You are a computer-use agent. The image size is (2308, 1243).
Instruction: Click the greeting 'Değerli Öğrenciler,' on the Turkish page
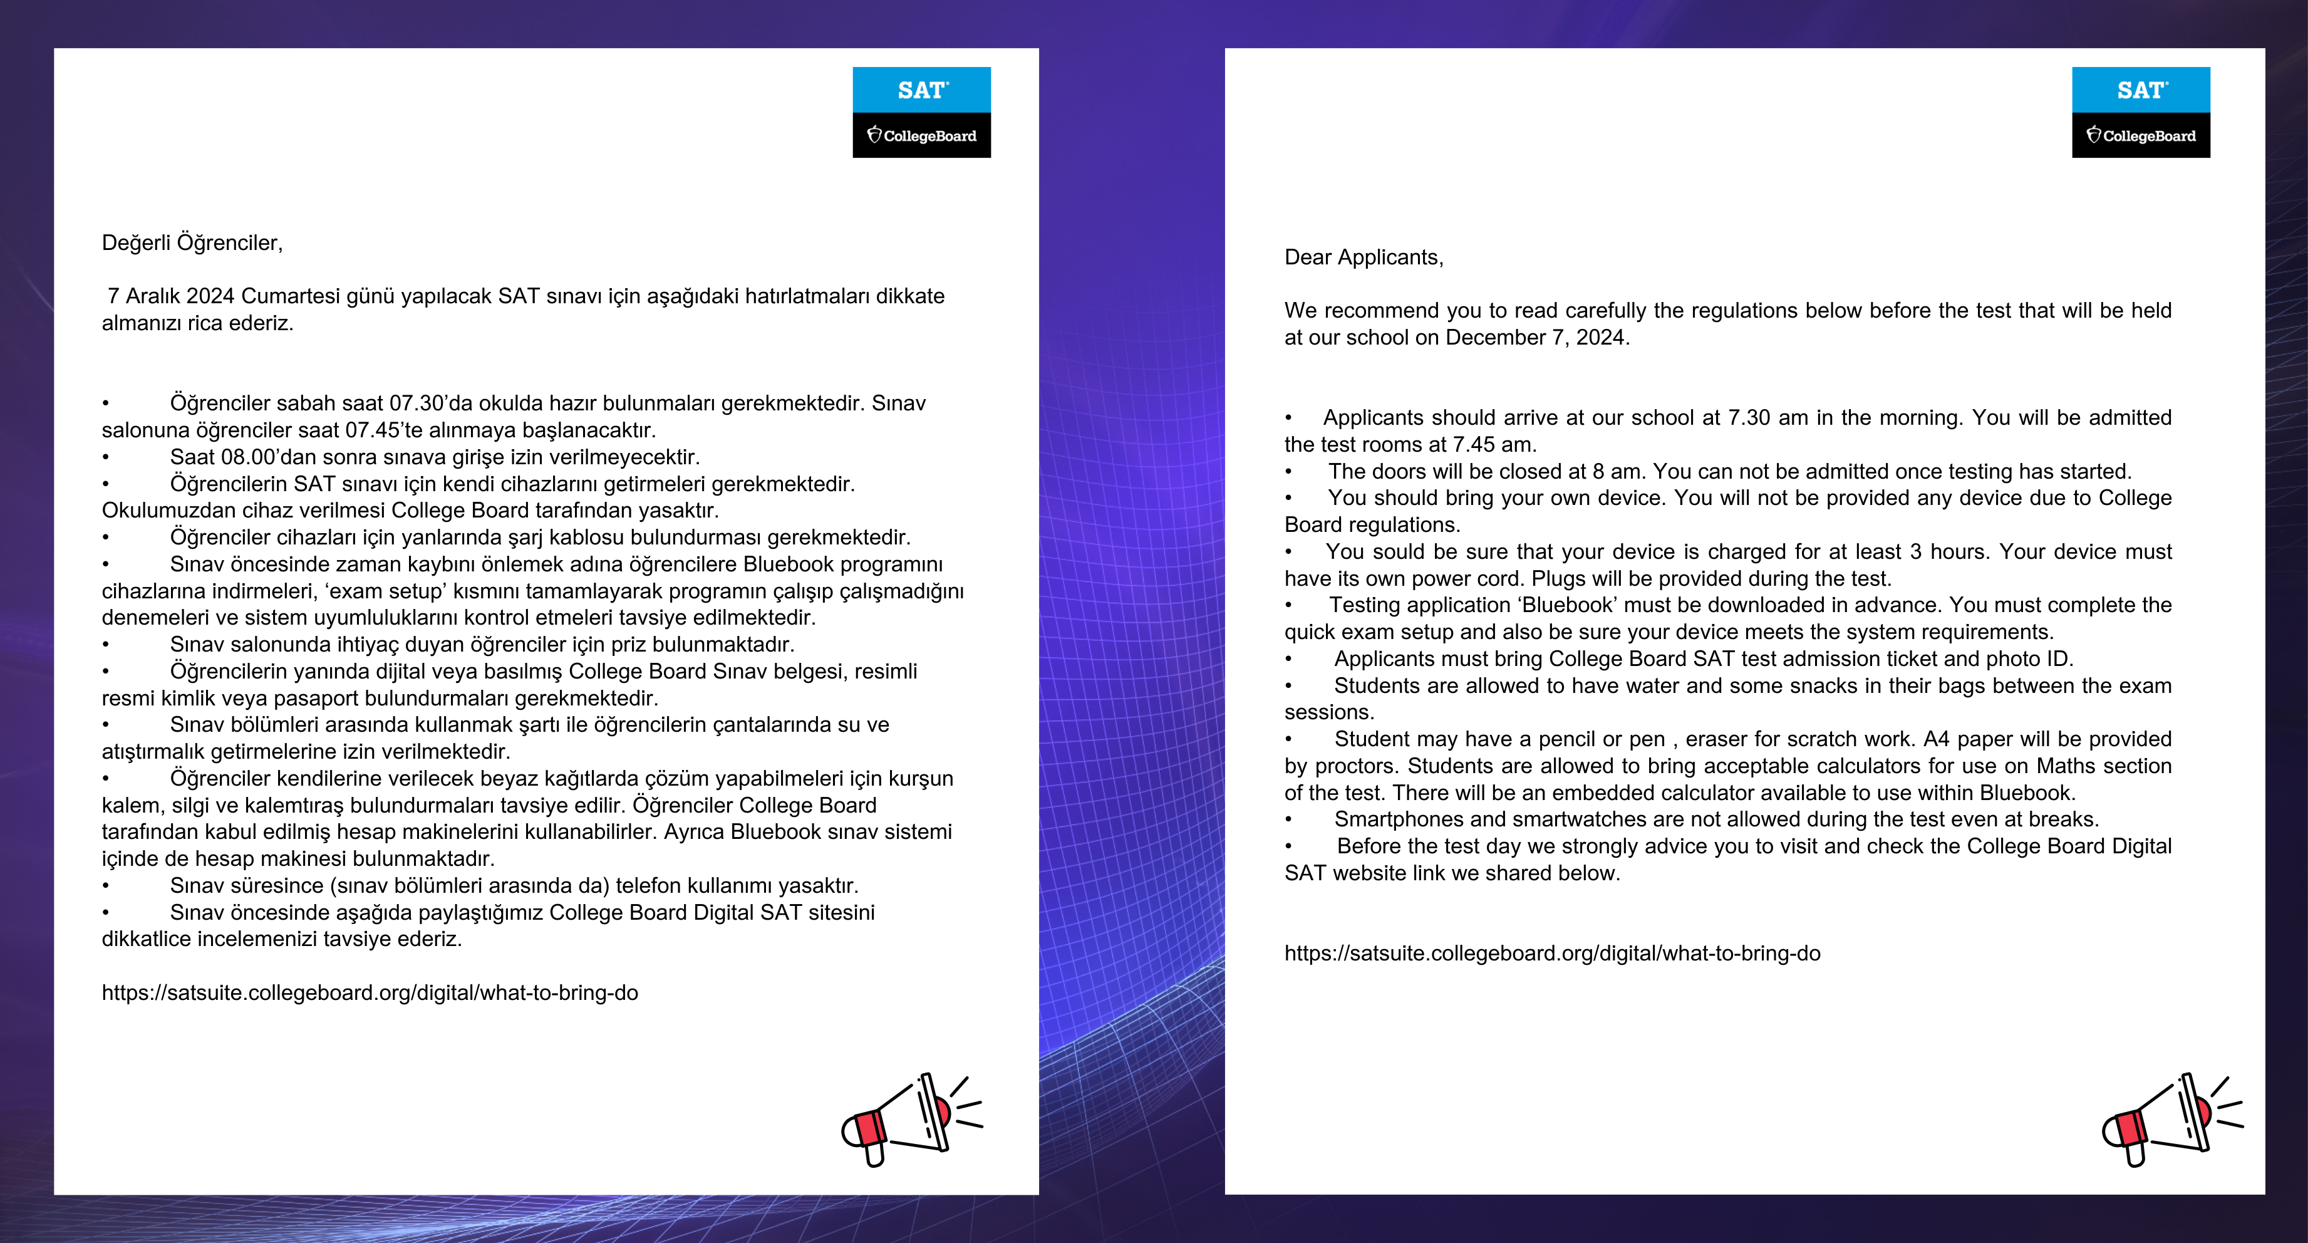pyautogui.click(x=192, y=243)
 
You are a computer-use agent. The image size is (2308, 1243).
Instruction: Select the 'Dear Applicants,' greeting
pyautogui.click(x=1364, y=257)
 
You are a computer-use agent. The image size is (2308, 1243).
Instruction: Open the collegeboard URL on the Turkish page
pyautogui.click(x=369, y=993)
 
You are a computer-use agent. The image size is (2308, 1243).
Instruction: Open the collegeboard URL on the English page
pyautogui.click(x=1552, y=954)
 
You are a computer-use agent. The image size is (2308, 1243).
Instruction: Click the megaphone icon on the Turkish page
pyautogui.click(x=910, y=1118)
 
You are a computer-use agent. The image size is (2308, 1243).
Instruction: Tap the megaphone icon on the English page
pyautogui.click(x=2170, y=1118)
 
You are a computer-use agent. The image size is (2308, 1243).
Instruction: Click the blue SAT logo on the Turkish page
pyautogui.click(x=921, y=90)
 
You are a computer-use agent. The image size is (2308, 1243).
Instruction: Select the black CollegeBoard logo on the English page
pyautogui.click(x=2140, y=135)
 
